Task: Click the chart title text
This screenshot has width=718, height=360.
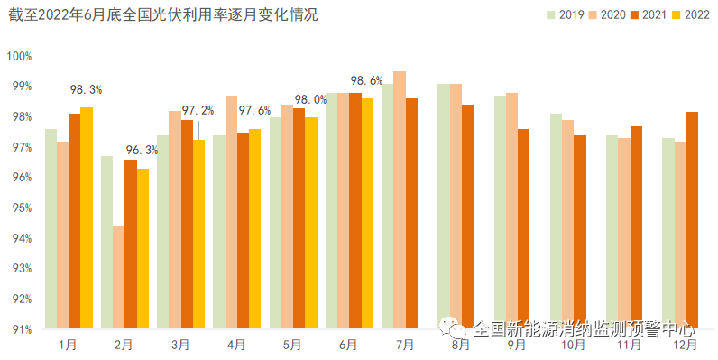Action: point(163,15)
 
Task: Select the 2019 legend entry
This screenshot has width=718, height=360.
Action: point(565,14)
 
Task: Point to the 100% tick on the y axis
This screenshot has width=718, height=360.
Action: point(19,56)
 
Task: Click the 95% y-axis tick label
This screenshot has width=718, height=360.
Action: point(19,208)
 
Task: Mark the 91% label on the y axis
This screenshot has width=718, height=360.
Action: point(19,329)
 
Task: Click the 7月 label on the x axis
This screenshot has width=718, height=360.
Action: point(404,344)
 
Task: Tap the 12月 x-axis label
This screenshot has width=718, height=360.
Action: point(685,344)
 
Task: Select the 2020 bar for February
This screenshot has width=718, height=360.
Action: point(118,277)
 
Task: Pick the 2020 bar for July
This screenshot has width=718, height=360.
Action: point(400,199)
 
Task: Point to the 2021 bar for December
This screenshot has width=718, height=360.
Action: point(692,220)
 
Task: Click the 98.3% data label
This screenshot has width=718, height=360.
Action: point(86,89)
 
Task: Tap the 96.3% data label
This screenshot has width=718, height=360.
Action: point(142,150)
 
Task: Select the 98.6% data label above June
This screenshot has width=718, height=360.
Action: point(366,80)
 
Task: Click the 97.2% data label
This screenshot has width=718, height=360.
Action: point(198,110)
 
